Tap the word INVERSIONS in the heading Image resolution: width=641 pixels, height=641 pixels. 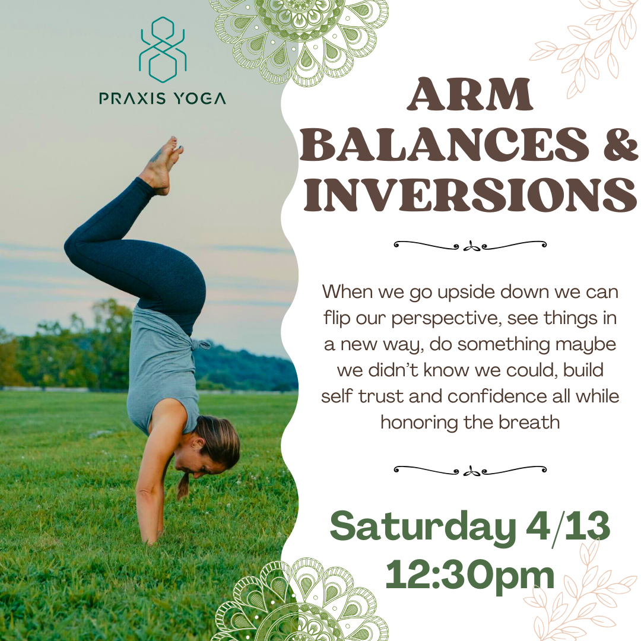point(469,196)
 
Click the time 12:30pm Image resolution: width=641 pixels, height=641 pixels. point(469,574)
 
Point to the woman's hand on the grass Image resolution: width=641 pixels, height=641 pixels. point(151,537)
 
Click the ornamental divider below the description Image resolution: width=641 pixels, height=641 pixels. point(470,470)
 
